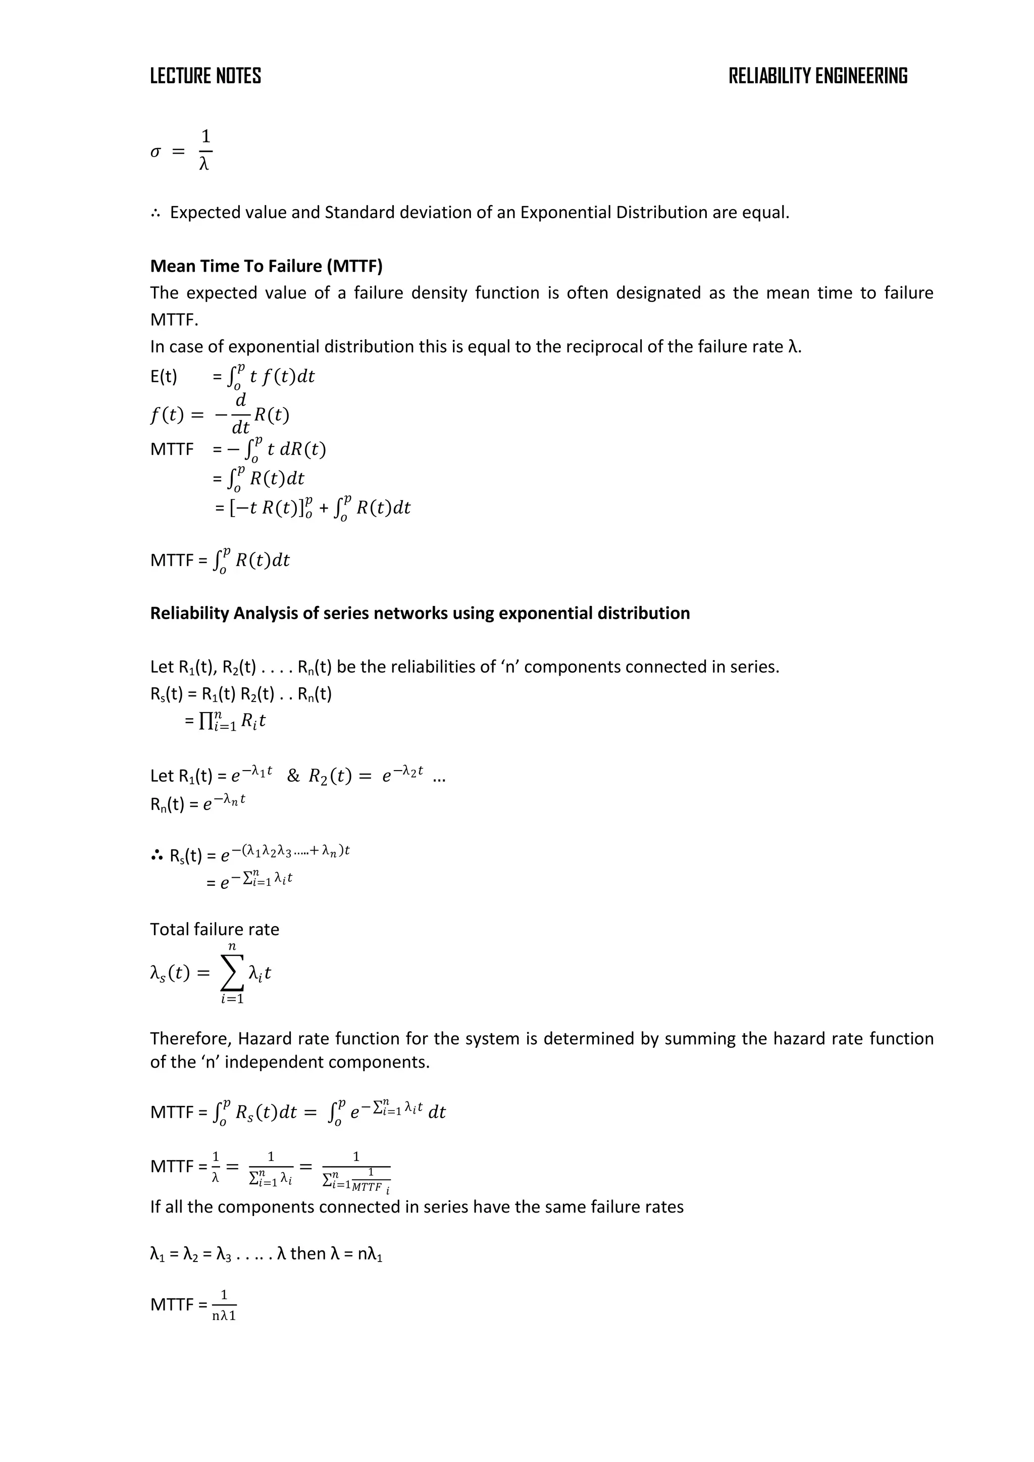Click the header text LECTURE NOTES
tap(205, 76)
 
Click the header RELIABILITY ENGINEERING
tap(817, 76)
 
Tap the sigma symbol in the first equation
tap(156, 152)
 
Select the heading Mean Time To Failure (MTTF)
tap(266, 266)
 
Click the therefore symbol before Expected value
tap(156, 213)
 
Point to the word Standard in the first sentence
tap(360, 213)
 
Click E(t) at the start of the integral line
tap(164, 376)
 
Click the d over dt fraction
tap(241, 415)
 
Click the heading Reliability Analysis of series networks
tap(420, 613)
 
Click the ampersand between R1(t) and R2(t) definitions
tap(293, 776)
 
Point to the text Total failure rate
tap(215, 929)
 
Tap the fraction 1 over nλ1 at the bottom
tap(224, 1305)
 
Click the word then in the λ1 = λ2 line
tap(308, 1254)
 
